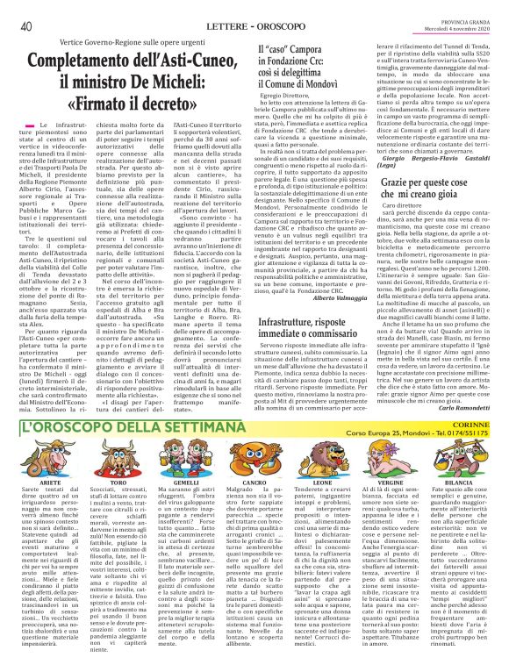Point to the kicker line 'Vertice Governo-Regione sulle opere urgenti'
pyautogui.click(x=139, y=42)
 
